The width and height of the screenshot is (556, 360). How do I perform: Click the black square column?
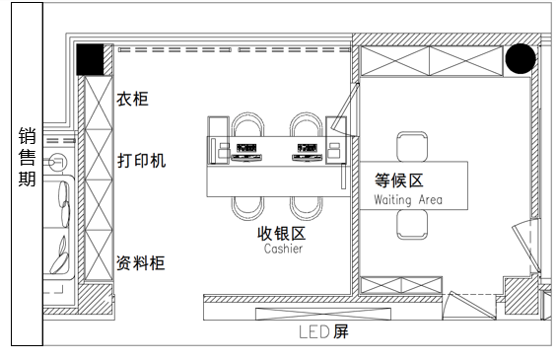coord(92,60)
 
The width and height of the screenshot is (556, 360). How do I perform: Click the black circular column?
coord(521,60)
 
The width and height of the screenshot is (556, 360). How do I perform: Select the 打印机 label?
coord(142,160)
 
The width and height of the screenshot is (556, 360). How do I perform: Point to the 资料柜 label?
coord(141,263)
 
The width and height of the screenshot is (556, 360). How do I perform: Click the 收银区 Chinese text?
coord(282,233)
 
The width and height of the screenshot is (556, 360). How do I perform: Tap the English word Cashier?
coord(283,250)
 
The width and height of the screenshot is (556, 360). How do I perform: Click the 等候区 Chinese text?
coord(399,181)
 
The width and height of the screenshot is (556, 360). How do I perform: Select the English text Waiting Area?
coord(408,200)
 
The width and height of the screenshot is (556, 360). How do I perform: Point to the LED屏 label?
coord(324,332)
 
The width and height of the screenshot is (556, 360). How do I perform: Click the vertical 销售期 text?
coord(27,157)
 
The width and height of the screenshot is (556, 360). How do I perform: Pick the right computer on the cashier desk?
coord(307,152)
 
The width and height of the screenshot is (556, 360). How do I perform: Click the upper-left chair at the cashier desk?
coord(247,126)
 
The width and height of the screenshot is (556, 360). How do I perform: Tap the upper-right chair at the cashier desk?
coord(307,126)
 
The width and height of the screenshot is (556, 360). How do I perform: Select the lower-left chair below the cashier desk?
coord(247,208)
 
